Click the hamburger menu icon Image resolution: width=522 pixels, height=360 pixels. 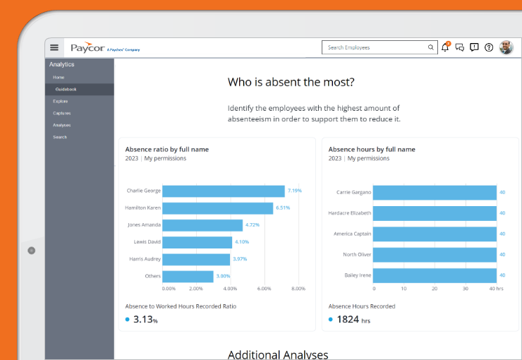[54, 47]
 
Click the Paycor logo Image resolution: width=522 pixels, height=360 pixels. [87, 47]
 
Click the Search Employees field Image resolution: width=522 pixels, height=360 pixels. [377, 47]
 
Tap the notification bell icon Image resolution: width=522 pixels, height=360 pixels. [445, 47]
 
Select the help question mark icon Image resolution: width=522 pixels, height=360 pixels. [489, 47]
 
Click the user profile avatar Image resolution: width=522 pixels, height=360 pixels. [506, 47]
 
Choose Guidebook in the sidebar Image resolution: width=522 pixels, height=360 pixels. [66, 89]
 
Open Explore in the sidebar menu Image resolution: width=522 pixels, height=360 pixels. [61, 101]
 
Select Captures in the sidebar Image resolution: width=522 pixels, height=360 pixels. [62, 113]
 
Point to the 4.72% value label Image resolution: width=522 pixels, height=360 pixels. [253, 225]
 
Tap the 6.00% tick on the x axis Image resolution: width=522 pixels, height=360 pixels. [264, 289]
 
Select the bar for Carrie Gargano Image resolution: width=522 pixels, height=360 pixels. [435, 192]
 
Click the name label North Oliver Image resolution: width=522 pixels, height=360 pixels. [357, 254]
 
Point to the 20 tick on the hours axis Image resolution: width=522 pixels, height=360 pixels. [435, 289]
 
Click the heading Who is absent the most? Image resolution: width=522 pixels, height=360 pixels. [291, 82]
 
